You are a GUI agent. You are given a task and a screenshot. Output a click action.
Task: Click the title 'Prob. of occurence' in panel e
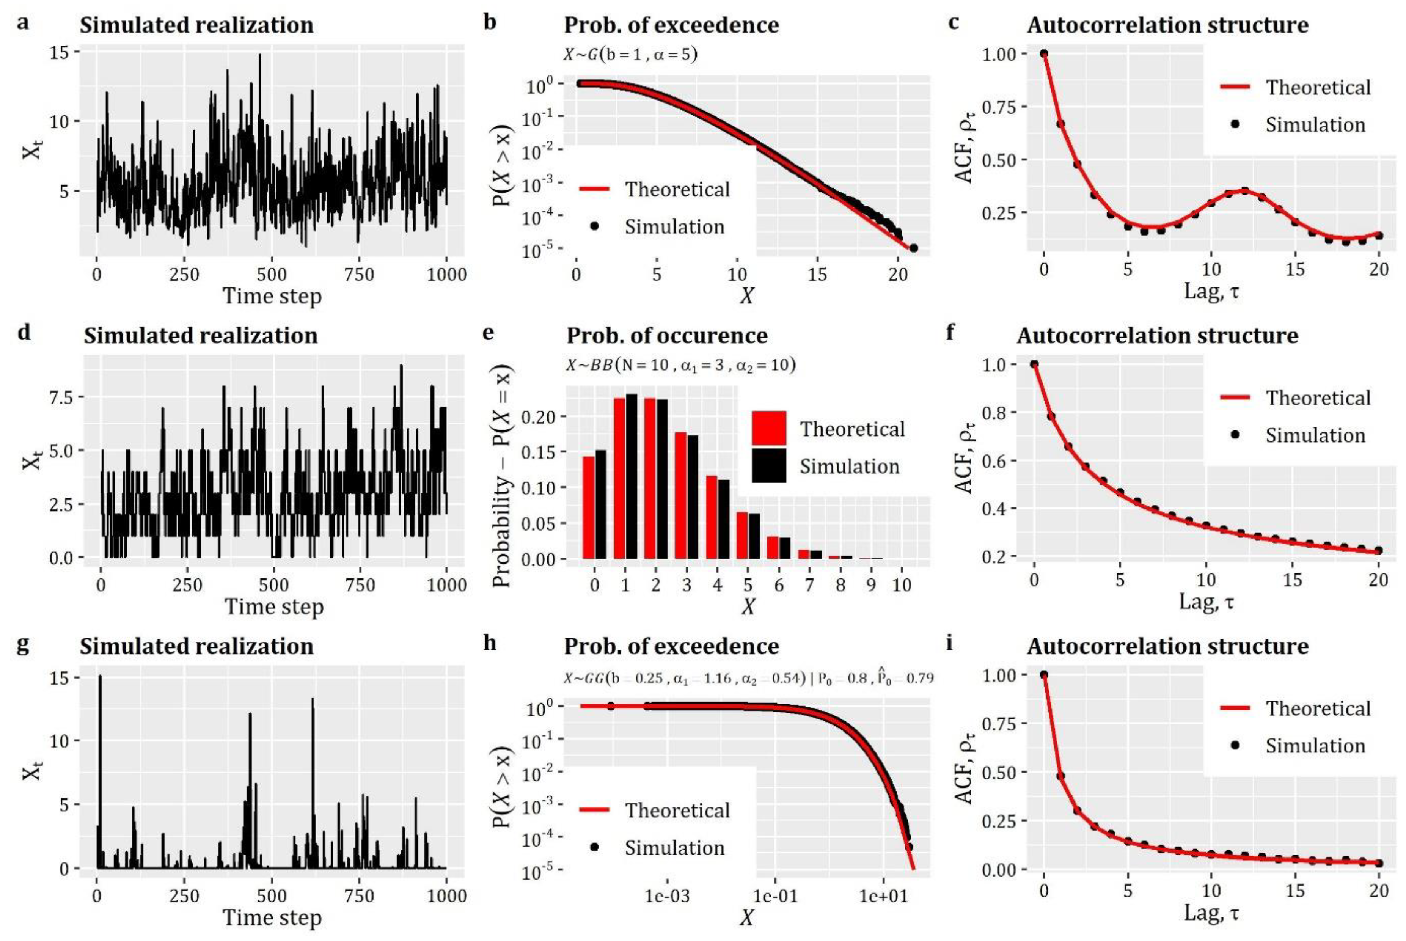coord(667,335)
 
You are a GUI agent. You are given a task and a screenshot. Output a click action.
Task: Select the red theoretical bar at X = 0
coord(588,507)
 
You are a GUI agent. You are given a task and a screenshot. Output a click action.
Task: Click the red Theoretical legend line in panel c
coord(1235,88)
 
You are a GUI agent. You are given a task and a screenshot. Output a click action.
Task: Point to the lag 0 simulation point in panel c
coord(1044,53)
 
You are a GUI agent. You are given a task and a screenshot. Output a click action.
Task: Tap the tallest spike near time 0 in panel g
coord(100,676)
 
